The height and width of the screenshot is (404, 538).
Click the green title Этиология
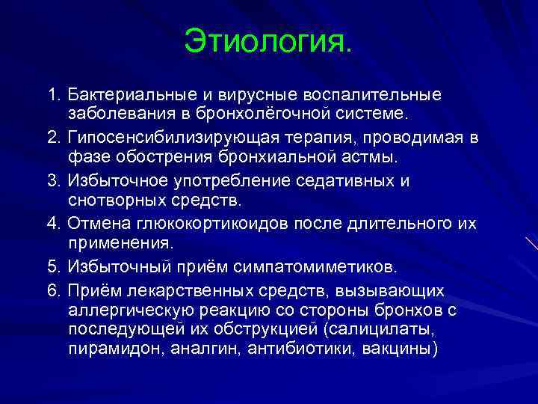pos(266,42)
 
